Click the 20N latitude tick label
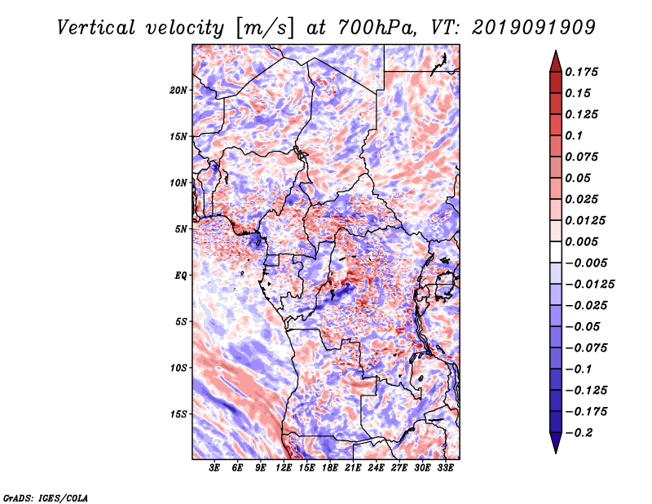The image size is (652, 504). [178, 91]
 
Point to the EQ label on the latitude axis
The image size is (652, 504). [180, 276]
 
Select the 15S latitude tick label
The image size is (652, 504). [178, 414]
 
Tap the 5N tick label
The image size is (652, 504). [181, 229]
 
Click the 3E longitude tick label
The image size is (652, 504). [214, 467]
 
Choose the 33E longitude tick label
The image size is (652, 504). [445, 467]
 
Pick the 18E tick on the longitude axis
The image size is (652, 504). [330, 467]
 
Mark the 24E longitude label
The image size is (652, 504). [376, 467]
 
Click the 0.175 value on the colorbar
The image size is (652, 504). [581, 72]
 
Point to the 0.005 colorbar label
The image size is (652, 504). [581, 241]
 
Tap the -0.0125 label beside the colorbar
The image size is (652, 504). [589, 285]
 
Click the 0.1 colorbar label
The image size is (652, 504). [574, 135]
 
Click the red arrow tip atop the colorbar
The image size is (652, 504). [556, 51]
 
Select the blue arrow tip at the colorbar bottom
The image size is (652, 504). [556, 453]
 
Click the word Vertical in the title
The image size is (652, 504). [96, 28]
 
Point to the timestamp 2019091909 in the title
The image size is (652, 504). [534, 28]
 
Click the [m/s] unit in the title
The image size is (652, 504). [265, 29]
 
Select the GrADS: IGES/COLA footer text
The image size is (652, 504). [46, 497]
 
